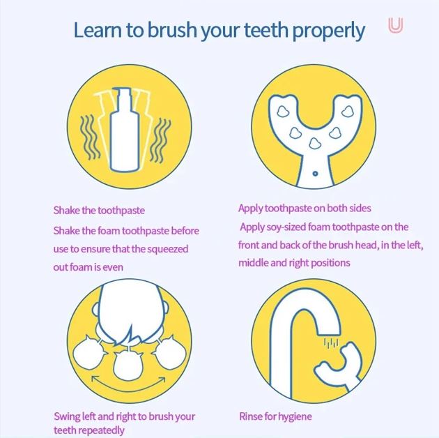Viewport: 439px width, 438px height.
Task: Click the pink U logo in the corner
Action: pyautogui.click(x=396, y=26)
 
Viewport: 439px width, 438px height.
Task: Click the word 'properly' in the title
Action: pyautogui.click(x=328, y=31)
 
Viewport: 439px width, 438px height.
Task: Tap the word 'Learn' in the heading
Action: pyautogui.click(x=98, y=30)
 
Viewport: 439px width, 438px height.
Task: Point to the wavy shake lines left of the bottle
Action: pyautogui.click(x=90, y=137)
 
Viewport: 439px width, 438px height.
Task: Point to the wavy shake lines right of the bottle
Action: pyautogui.click(x=160, y=140)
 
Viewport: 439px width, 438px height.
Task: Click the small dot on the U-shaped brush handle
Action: pyautogui.click(x=315, y=174)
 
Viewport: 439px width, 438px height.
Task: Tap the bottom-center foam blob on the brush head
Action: pyautogui.click(x=315, y=144)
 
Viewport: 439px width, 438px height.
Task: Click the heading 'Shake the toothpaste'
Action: pyautogui.click(x=99, y=210)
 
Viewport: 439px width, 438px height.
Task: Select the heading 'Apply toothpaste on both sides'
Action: pyautogui.click(x=305, y=209)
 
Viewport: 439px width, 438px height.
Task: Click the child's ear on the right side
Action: pyautogui.click(x=166, y=308)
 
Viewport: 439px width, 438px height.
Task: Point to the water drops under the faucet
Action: pyautogui.click(x=331, y=343)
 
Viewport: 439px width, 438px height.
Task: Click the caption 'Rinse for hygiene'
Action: pyautogui.click(x=275, y=416)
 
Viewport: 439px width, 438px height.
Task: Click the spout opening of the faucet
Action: pyautogui.click(x=330, y=333)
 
